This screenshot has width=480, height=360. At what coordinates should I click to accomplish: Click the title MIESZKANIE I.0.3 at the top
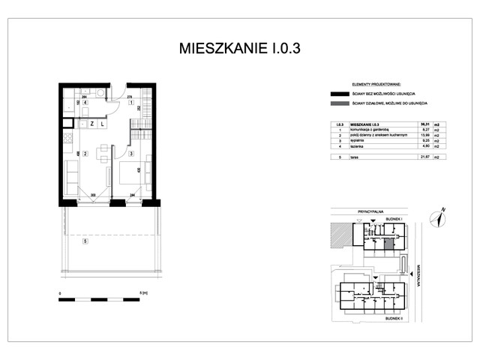240,49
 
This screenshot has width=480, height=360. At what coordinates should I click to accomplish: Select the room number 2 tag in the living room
85,154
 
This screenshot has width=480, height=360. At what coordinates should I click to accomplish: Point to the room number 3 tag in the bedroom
130,154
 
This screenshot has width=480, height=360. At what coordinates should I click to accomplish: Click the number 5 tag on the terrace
85,241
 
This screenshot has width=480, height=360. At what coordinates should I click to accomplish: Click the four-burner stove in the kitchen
67,139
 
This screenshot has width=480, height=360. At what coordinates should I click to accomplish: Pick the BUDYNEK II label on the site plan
394,318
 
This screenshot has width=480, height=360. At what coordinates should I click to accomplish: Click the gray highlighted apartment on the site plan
388,242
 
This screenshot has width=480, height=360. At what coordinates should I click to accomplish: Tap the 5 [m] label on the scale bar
142,293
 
